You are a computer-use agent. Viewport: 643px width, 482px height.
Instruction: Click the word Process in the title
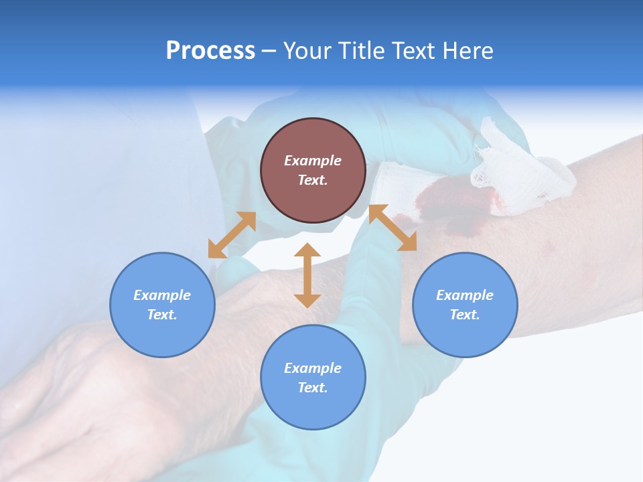(x=210, y=51)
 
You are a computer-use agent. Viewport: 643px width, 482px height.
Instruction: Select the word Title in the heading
(x=363, y=51)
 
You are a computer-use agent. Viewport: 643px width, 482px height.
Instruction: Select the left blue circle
(x=162, y=305)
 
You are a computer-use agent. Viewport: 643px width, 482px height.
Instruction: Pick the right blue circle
(x=465, y=305)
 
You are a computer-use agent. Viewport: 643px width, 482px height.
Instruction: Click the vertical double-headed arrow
(x=307, y=275)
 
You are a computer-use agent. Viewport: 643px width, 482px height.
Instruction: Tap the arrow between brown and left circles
(x=232, y=235)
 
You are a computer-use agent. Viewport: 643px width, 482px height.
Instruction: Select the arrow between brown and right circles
(x=392, y=228)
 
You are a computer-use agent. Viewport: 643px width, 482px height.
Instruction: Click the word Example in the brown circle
(x=313, y=161)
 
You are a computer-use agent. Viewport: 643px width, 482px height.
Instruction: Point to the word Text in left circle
(x=162, y=315)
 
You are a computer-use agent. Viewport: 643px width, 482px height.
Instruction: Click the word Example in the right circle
(x=465, y=295)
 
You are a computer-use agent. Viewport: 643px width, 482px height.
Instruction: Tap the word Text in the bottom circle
(x=313, y=388)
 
